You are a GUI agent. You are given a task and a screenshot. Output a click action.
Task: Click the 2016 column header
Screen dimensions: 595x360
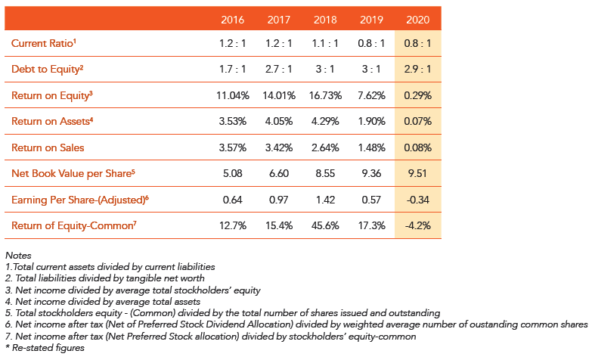pos(233,20)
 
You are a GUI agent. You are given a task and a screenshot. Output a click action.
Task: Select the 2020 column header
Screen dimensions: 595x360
pos(418,20)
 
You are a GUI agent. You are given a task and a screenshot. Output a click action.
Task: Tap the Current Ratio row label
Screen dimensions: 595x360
pos(44,43)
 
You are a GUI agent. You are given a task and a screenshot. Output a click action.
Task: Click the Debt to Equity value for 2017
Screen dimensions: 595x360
pos(279,69)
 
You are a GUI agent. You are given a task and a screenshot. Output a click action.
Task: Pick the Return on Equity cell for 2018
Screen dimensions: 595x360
pos(325,95)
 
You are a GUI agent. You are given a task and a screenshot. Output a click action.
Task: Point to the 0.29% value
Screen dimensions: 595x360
pos(418,95)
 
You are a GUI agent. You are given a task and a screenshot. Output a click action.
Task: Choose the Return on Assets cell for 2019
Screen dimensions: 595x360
pos(371,122)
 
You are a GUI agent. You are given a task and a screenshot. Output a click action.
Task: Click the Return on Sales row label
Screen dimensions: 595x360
pos(48,147)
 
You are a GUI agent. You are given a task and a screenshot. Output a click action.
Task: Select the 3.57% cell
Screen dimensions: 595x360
pos(233,147)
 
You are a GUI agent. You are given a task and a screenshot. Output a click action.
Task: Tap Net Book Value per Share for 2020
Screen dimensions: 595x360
pos(418,173)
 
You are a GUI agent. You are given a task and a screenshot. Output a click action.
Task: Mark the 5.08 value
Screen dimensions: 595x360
pos(233,173)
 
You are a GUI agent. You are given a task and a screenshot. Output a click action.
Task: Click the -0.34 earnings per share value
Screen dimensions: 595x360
pos(418,200)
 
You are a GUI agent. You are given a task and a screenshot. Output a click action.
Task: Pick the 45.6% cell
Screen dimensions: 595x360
pos(325,225)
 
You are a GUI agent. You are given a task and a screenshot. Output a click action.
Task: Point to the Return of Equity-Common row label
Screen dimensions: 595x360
pos(74,225)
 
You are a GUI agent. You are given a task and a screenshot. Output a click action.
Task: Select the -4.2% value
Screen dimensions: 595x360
pos(418,225)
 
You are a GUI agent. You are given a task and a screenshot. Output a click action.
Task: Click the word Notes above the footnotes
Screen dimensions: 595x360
pos(18,255)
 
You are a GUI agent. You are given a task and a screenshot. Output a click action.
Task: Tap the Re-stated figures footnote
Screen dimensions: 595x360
pos(45,348)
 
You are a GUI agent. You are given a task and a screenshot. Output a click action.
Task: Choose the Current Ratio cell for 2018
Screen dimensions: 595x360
pos(325,43)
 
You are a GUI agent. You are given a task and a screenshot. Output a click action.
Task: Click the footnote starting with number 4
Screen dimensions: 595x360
pos(103,302)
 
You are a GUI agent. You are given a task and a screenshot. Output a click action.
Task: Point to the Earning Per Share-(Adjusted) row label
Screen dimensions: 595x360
pos(80,200)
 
